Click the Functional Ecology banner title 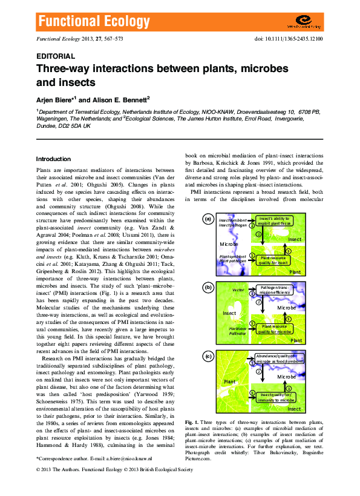94,23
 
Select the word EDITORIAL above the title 56,55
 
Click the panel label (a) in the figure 208,219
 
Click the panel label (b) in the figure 208,288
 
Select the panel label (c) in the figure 208,357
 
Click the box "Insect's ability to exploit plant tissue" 274,220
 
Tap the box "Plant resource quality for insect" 274,260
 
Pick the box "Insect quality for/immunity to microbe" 274,397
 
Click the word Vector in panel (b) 238,291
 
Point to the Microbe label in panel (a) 228,244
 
